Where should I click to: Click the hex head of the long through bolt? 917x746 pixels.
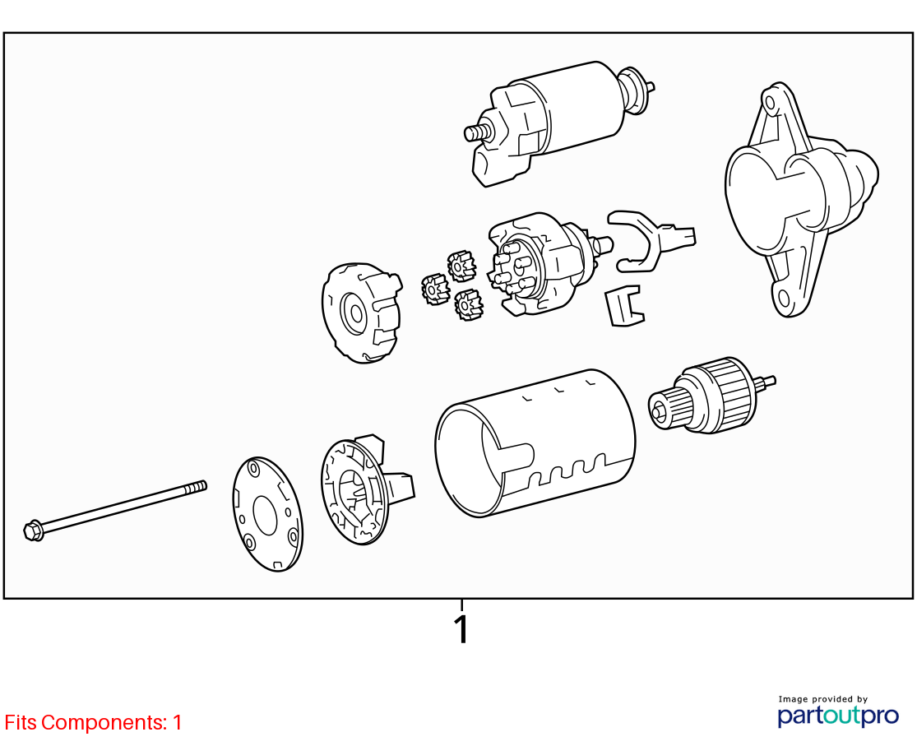point(33,531)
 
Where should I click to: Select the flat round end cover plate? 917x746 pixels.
point(268,514)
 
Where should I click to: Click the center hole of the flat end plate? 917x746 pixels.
point(266,516)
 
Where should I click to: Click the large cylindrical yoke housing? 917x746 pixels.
point(535,443)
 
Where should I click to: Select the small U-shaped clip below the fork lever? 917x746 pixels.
point(624,305)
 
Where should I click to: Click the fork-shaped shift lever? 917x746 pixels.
point(649,239)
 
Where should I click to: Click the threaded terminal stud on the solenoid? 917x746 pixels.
point(477,132)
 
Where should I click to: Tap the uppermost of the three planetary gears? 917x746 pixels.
point(461,266)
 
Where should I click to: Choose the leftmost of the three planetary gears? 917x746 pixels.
point(435,289)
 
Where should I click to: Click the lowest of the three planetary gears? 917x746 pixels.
point(468,304)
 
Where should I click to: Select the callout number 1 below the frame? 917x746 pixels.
point(462,629)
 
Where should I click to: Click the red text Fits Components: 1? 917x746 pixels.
point(93,723)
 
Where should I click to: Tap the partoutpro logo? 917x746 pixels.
point(837,712)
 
